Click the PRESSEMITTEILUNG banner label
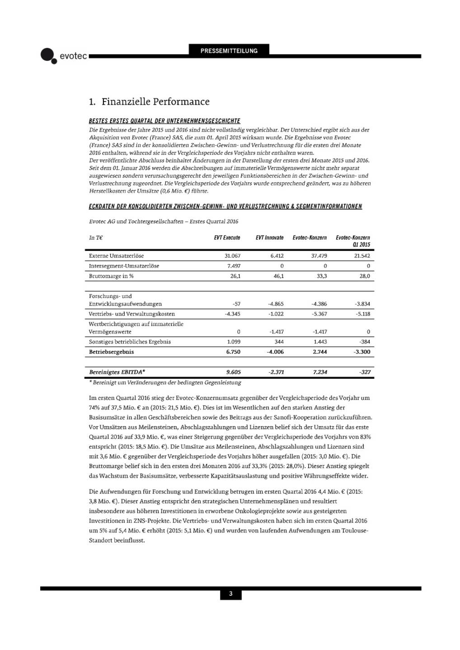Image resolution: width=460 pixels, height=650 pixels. tap(229, 51)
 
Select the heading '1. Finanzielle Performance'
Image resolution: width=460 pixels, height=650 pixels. tap(149, 102)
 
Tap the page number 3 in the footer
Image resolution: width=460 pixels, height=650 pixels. tap(230, 594)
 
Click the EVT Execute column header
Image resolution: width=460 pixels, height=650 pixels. tap(227, 237)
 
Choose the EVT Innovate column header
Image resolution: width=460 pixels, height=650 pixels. tap(269, 237)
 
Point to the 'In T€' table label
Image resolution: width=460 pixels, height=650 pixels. tap(96, 237)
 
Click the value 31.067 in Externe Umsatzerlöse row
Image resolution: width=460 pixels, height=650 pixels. tap(232, 255)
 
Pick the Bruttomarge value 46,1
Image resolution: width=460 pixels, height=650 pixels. tap(278, 276)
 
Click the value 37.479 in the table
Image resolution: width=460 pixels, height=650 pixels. tap(319, 255)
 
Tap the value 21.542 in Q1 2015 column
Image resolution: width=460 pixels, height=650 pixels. tap(362, 255)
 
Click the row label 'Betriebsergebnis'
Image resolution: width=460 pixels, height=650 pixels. tap(111, 352)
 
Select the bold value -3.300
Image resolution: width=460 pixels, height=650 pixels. tap(361, 352)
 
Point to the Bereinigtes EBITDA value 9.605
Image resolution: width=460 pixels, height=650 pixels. tap(233, 372)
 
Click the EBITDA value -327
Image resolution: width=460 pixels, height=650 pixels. tap(365, 372)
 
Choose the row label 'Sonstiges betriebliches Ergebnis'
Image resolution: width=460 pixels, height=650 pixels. tap(130, 342)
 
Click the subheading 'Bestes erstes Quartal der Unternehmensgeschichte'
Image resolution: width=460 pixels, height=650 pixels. tap(164, 121)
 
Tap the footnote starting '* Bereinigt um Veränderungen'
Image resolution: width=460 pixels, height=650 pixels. tap(165, 382)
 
